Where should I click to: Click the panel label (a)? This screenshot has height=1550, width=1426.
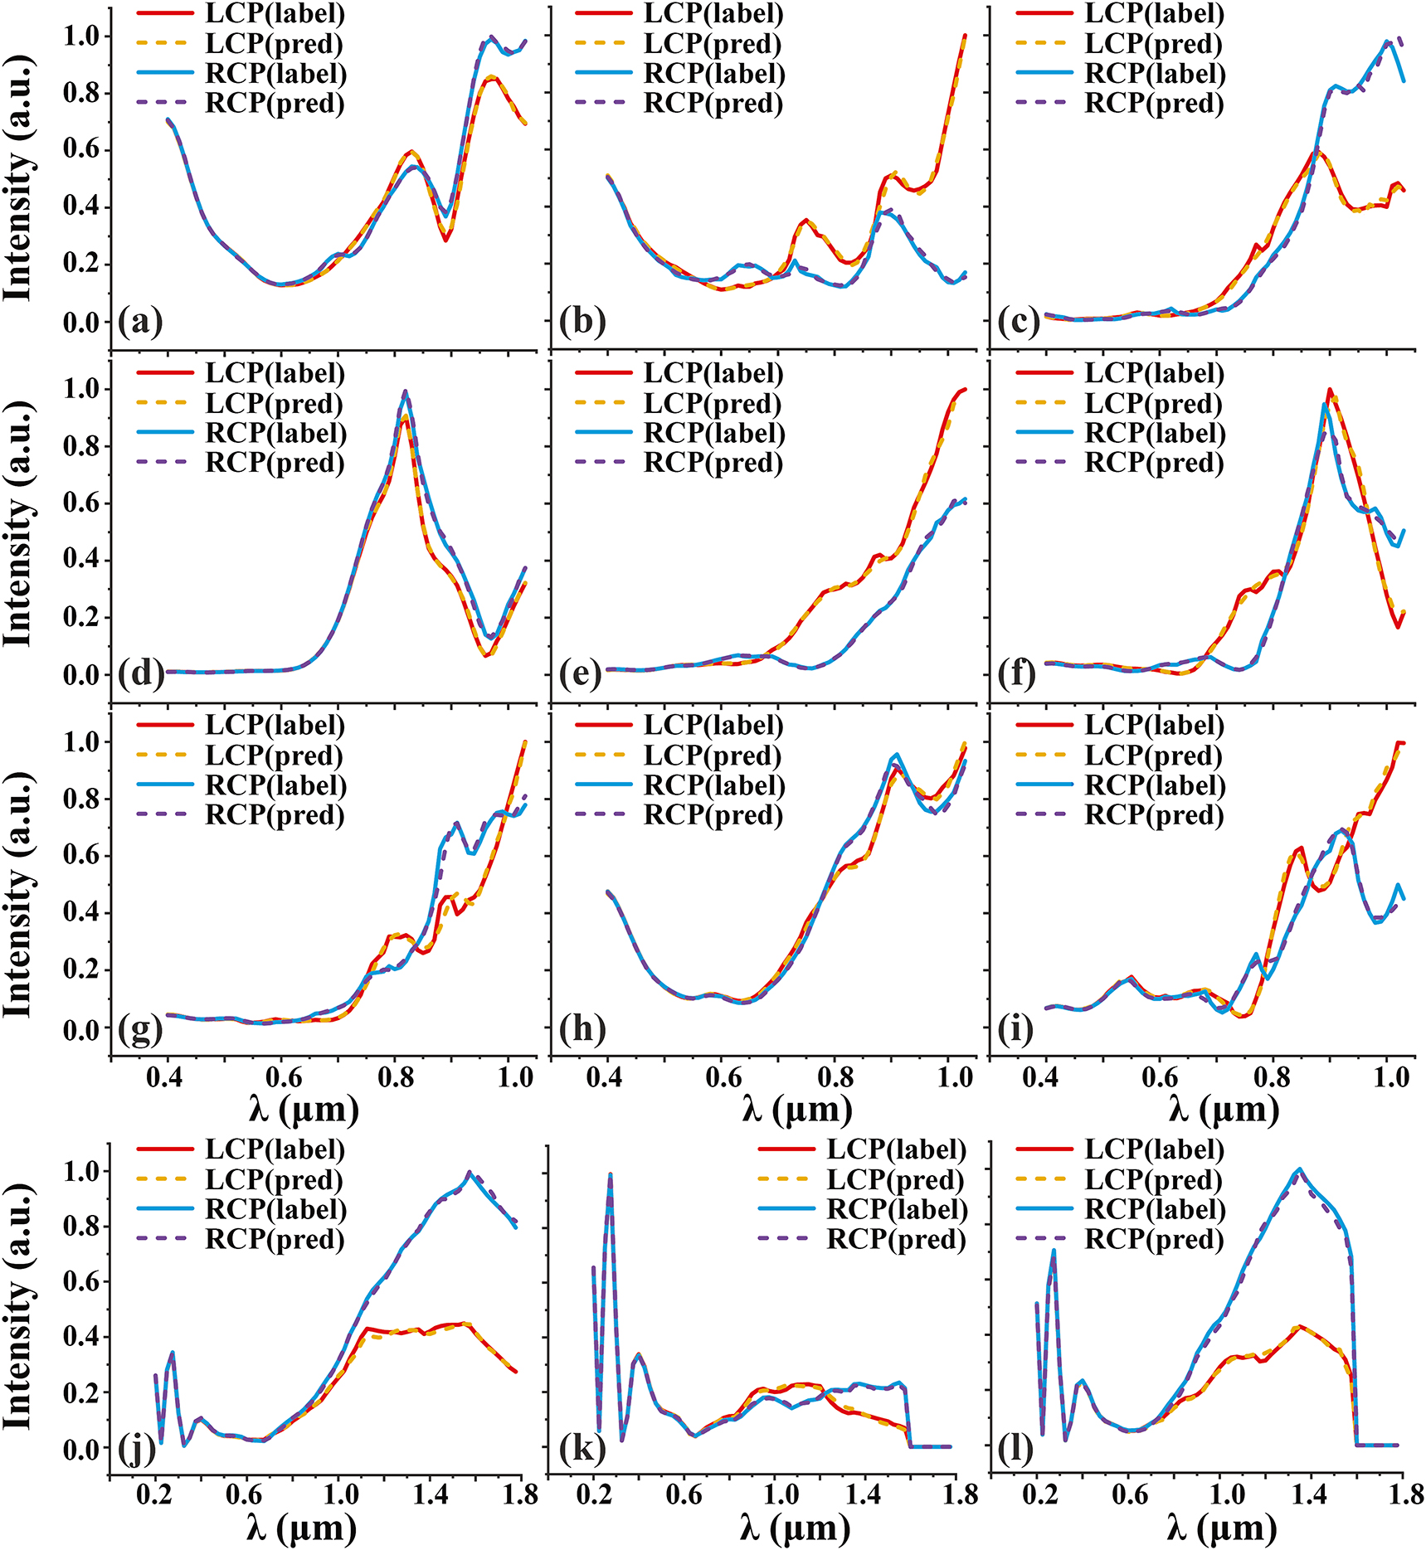(140, 321)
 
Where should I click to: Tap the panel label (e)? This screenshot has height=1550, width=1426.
(580, 674)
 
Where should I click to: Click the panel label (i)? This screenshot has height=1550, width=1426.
(1015, 1028)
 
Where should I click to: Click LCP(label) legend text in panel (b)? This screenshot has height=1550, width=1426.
(713, 14)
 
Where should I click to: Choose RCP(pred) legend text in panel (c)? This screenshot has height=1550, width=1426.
(1154, 104)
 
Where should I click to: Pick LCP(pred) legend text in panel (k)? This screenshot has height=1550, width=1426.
(896, 1179)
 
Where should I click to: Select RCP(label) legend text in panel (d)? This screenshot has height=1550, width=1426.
(275, 433)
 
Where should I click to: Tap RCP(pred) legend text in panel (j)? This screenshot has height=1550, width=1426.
(275, 1239)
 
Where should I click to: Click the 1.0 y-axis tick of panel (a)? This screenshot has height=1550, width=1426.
(81, 36)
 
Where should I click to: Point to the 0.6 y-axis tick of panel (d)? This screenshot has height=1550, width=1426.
(81, 503)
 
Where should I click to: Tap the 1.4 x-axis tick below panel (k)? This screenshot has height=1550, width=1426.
(864, 1496)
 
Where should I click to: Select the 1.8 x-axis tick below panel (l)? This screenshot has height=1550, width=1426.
(1401, 1496)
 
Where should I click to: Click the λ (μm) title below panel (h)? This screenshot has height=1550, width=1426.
(796, 1110)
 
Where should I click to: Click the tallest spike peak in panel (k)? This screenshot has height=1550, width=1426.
(611, 1174)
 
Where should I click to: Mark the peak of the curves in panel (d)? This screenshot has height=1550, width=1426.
(405, 391)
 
